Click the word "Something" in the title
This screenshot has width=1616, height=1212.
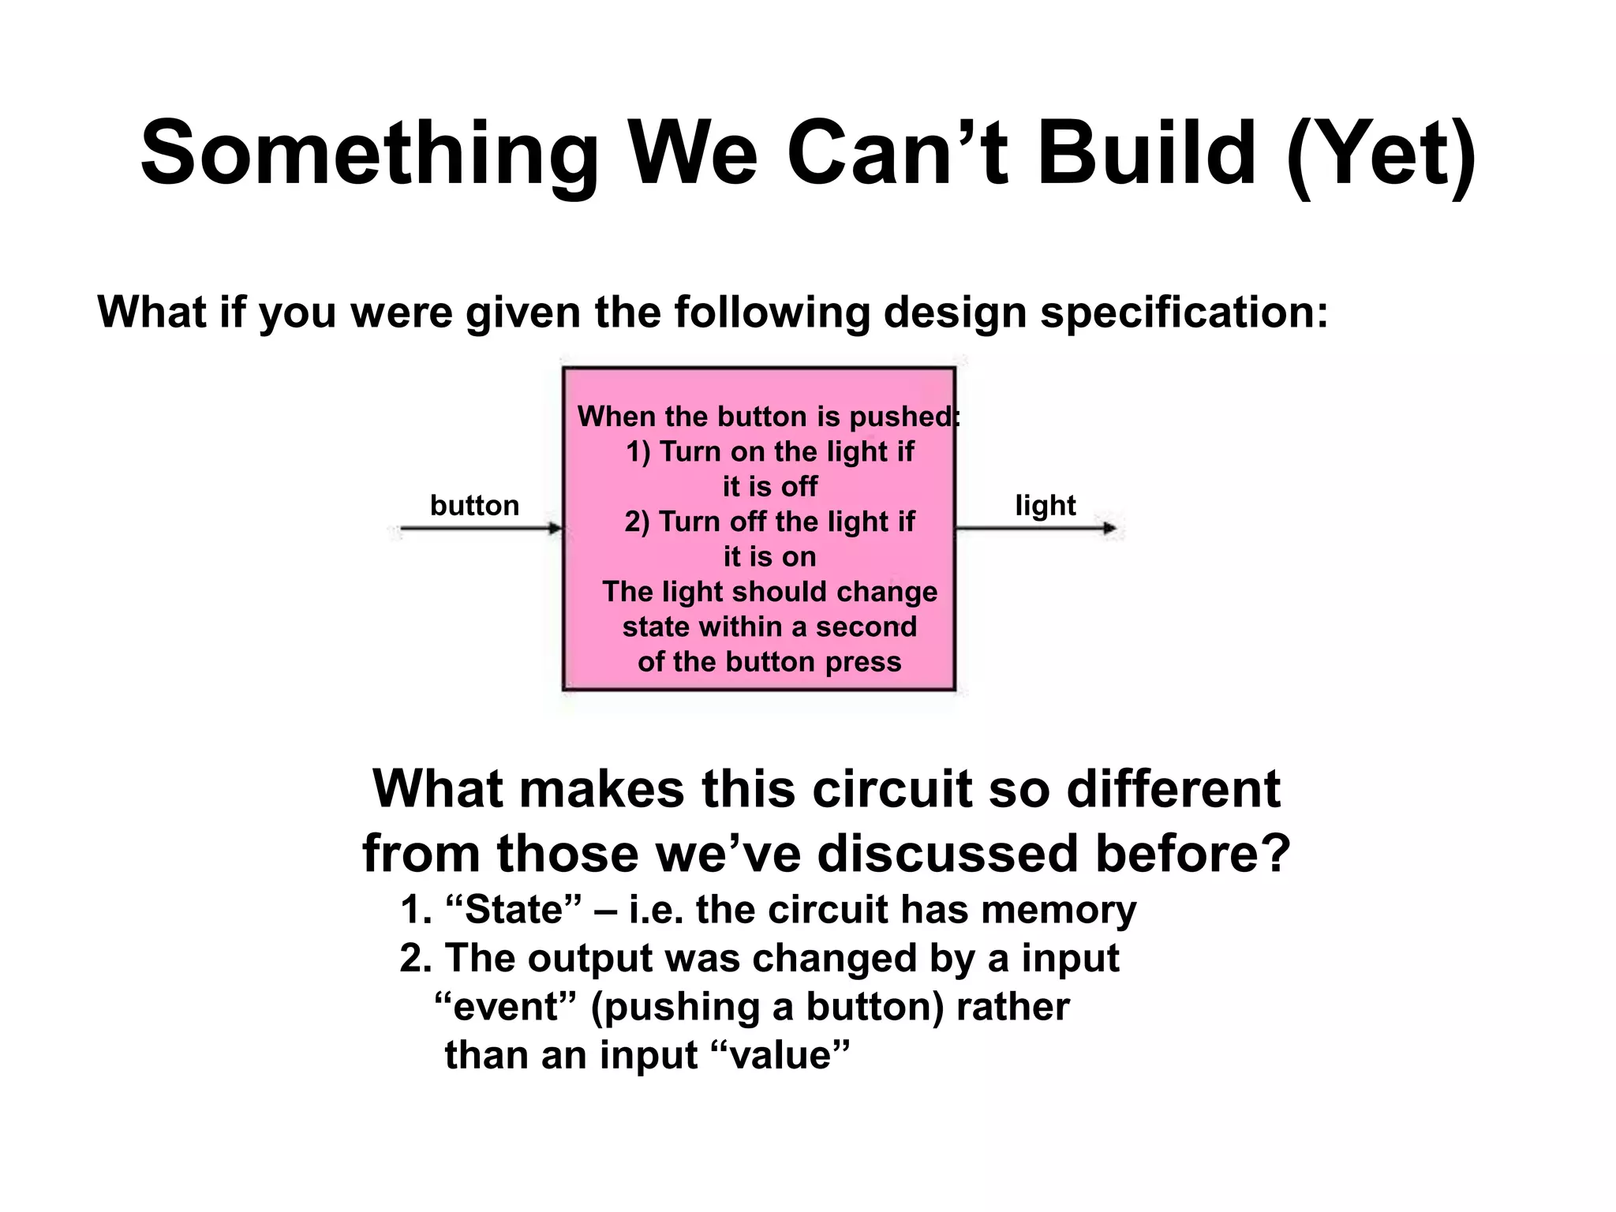click(x=369, y=154)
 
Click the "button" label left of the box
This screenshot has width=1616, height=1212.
click(x=474, y=505)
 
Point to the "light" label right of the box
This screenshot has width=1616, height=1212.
click(x=1045, y=505)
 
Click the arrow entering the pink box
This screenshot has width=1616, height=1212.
click(x=481, y=528)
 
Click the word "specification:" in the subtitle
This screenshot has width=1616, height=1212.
click(x=1184, y=313)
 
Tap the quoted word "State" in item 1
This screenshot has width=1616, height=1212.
click(x=513, y=910)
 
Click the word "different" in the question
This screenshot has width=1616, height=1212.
click(x=1173, y=788)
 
